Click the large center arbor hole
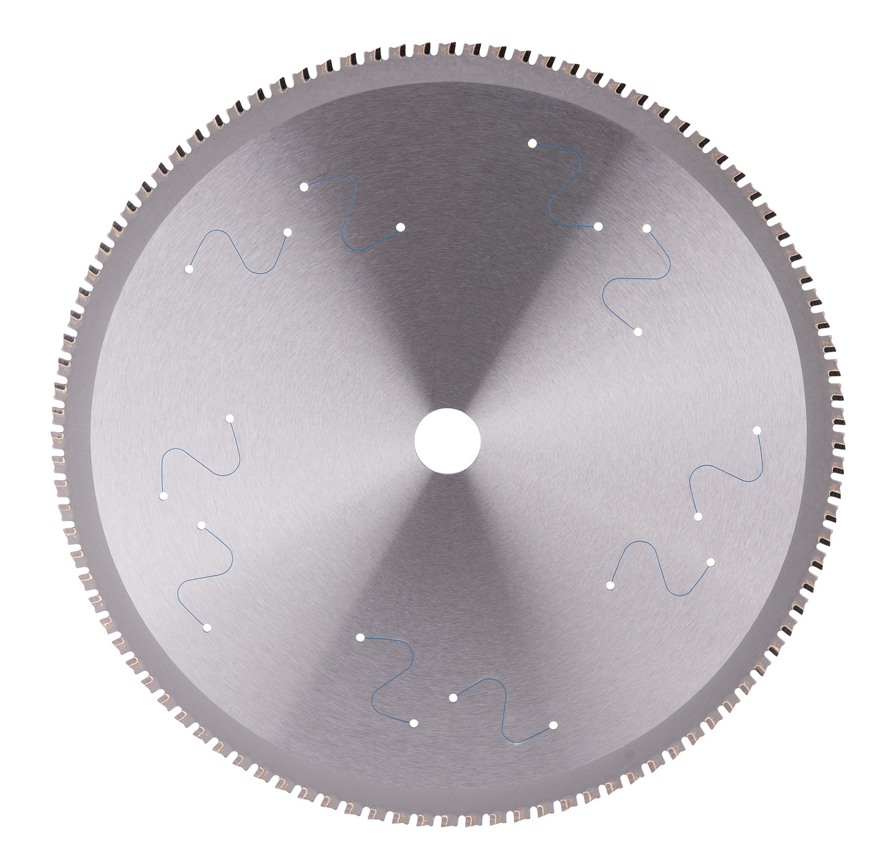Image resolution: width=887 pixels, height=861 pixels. click(447, 441)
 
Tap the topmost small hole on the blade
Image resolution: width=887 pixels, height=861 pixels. click(532, 143)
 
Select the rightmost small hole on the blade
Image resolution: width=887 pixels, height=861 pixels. click(757, 430)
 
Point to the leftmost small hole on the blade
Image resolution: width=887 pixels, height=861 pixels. click(163, 495)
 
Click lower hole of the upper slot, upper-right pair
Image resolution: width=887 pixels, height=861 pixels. click(598, 226)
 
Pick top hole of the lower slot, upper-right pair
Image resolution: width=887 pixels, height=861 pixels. click(647, 228)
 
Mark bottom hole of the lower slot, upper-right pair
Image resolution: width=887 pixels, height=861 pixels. click(638, 332)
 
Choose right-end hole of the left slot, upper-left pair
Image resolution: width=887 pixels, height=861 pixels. click(287, 232)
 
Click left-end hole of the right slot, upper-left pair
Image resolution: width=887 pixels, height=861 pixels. click(304, 186)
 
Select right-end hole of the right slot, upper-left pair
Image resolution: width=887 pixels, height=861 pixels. click(400, 227)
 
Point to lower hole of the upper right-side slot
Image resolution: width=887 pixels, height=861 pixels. click(698, 516)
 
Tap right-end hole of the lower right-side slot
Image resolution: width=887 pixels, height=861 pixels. click(710, 563)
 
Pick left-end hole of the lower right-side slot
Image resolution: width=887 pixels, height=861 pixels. click(610, 585)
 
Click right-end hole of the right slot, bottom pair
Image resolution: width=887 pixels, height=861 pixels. click(553, 725)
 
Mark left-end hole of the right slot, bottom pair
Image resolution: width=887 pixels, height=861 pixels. click(453, 697)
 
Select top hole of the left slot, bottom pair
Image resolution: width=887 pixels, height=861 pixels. click(360, 637)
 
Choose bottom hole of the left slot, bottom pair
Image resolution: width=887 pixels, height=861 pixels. click(413, 723)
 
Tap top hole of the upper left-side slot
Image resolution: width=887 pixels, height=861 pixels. click(229, 418)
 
